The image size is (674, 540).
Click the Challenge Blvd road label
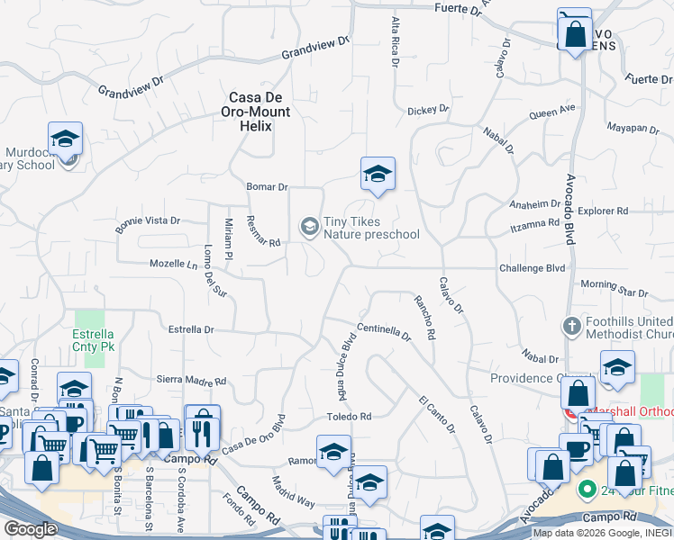532,268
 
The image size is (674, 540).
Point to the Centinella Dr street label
383,332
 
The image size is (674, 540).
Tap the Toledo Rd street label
349,417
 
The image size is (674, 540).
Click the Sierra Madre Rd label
191,382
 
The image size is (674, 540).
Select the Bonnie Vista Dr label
148,220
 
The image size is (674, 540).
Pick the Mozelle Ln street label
173,265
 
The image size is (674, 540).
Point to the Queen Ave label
551,112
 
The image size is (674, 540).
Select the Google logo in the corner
30,529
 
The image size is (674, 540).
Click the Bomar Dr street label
267,187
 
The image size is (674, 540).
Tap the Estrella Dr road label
191,329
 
